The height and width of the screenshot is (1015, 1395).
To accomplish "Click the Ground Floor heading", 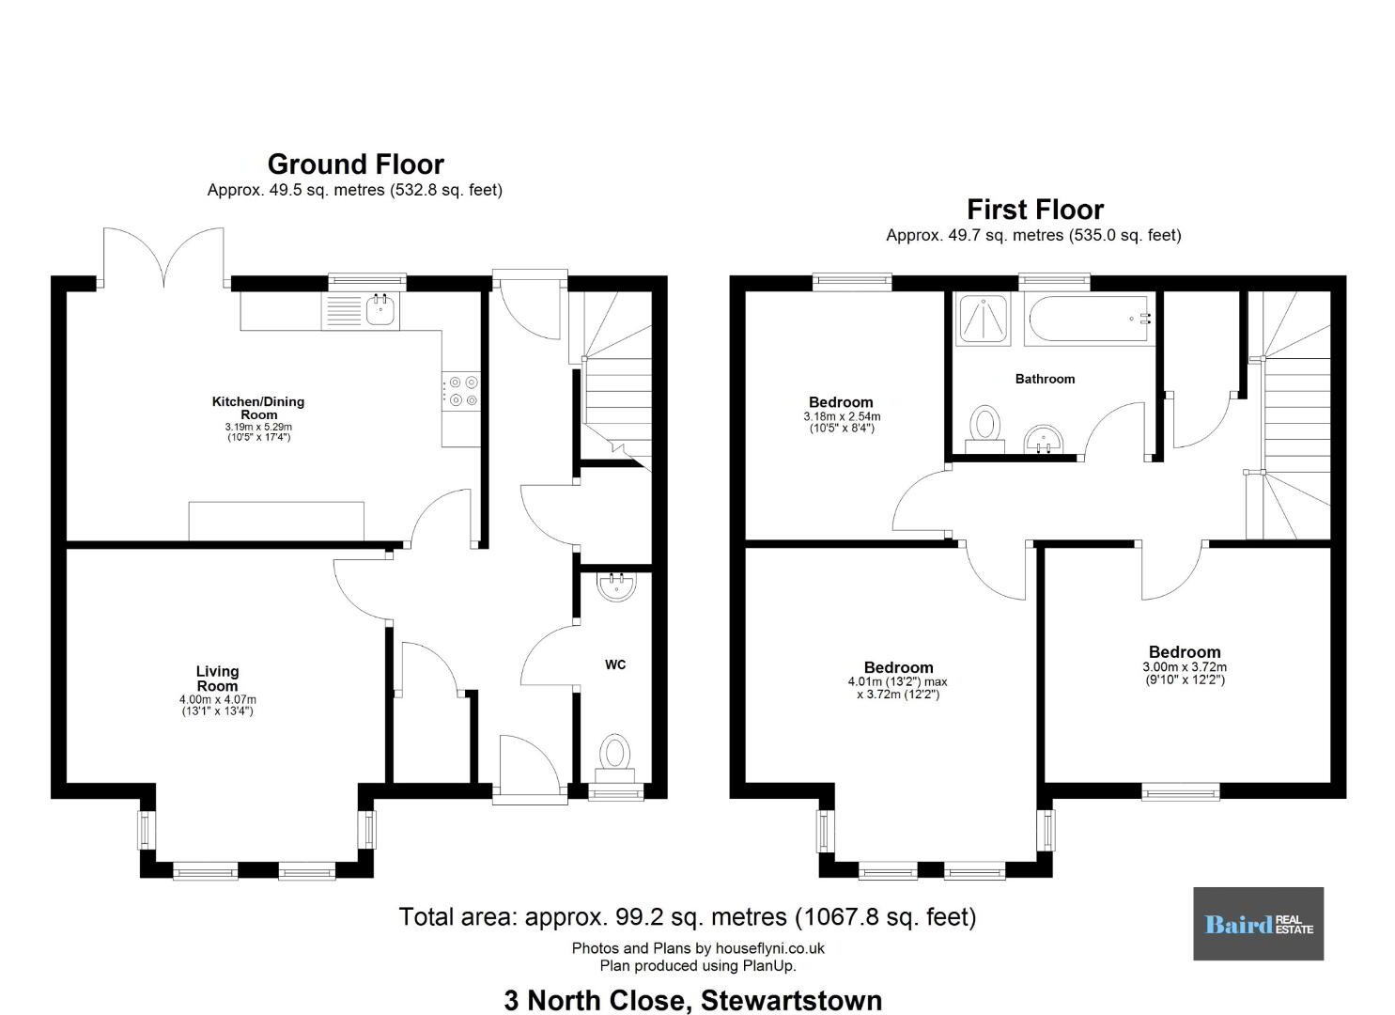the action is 356,164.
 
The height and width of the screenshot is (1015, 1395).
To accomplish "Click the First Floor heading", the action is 1035,210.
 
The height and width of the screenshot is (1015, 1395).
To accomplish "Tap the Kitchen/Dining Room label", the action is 258,408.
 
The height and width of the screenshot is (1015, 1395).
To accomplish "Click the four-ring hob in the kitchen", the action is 461,391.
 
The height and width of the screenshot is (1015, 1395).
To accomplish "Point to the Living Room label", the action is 217,679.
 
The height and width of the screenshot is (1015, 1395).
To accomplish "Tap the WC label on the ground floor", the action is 615,664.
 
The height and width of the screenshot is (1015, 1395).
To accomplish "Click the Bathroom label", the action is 1045,379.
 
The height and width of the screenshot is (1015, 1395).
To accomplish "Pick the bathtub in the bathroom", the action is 1089,319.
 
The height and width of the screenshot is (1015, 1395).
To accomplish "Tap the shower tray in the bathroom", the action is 984,319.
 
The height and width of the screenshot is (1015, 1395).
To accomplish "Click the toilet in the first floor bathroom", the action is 984,429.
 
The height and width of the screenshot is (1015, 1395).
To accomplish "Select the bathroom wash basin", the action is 1044,439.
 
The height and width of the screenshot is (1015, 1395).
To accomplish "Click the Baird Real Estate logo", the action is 1258,924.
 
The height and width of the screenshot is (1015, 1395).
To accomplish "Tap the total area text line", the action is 688,916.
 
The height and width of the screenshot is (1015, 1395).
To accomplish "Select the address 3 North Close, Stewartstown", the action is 693,1001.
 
